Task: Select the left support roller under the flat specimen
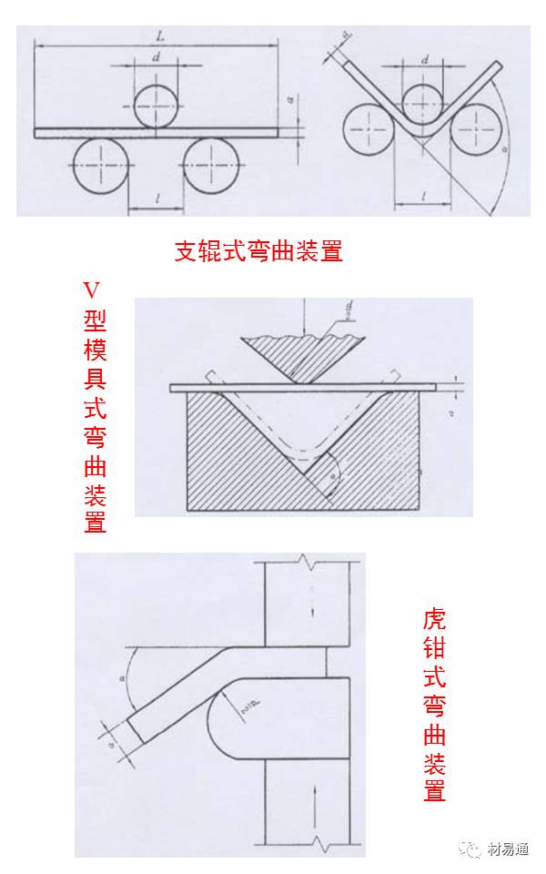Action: point(98,167)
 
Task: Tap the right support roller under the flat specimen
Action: point(209,167)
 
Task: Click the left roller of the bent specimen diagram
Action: point(369,130)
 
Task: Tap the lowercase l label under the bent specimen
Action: point(424,195)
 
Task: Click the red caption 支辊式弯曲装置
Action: point(258,251)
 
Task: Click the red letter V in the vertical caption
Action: point(91,290)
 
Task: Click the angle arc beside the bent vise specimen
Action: point(132,678)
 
